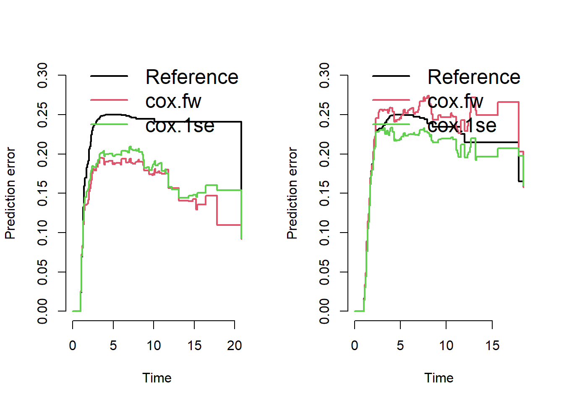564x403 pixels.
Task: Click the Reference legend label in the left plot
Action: [x=192, y=77]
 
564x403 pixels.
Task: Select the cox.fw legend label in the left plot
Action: [x=173, y=101]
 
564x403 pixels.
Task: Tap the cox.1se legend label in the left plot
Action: [x=180, y=126]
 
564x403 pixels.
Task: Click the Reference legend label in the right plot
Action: [x=474, y=77]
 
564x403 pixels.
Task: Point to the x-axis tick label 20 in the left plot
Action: [x=235, y=345]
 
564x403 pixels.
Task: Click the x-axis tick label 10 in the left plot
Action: [x=154, y=345]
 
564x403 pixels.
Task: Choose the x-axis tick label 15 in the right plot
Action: [x=492, y=345]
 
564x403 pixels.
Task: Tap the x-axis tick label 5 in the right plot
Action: [x=400, y=345]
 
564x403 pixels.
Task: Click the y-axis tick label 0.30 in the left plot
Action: [x=43, y=75]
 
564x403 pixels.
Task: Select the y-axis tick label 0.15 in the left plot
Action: [x=43, y=193]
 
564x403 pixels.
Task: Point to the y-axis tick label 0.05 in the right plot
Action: [x=325, y=272]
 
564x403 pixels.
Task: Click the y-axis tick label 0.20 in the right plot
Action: [x=325, y=154]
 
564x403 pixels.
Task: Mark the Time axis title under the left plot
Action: [x=157, y=378]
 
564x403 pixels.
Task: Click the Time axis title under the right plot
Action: [x=439, y=378]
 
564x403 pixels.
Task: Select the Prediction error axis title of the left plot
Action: [x=10, y=193]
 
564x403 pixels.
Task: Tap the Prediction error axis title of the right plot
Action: [x=292, y=193]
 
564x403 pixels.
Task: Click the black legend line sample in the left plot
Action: [x=109, y=76]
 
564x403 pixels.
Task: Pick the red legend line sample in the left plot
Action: [x=109, y=100]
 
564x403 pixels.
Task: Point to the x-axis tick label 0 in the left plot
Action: [x=73, y=345]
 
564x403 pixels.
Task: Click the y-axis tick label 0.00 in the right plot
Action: [x=325, y=311]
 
